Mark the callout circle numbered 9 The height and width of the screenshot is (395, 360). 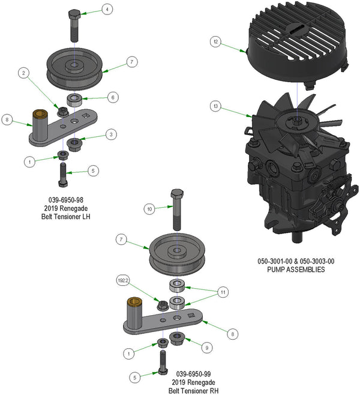pyautogui.click(x=207, y=346)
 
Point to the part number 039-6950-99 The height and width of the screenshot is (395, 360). pyautogui.click(x=193, y=373)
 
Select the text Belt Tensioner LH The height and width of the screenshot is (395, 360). pyautogui.click(x=65, y=216)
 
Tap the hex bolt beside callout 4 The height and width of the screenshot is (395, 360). pyautogui.click(x=74, y=22)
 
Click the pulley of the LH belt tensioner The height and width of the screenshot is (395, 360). pyautogui.click(x=74, y=67)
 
